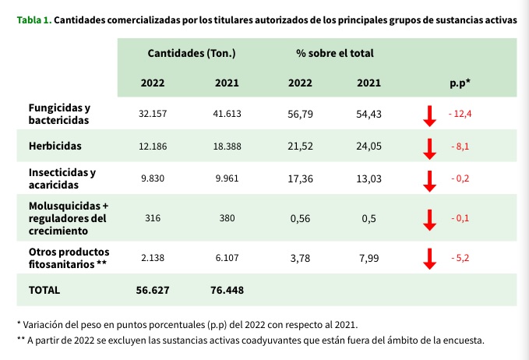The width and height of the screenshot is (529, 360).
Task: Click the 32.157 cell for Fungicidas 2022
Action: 153,114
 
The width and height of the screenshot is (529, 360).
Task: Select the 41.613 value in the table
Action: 227,114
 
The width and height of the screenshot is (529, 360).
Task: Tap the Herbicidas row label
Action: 55,146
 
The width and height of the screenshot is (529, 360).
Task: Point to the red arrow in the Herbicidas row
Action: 428,147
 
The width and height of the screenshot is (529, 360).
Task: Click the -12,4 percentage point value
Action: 460,114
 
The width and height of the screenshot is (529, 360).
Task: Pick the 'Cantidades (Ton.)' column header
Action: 191,54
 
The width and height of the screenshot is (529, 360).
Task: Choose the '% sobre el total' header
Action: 334,54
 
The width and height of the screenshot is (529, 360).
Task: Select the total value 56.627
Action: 153,290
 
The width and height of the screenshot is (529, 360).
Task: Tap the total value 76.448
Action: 227,290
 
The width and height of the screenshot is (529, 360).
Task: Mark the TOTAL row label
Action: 44,290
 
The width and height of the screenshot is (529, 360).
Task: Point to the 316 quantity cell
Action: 153,219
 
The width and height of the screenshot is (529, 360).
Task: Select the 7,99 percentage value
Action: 369,257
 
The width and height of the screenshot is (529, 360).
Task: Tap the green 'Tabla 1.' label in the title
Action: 34,19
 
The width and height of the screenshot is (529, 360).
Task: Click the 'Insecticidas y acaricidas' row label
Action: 62,178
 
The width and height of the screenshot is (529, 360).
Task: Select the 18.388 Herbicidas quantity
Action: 227,146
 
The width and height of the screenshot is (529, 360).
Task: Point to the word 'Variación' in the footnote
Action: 48,323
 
